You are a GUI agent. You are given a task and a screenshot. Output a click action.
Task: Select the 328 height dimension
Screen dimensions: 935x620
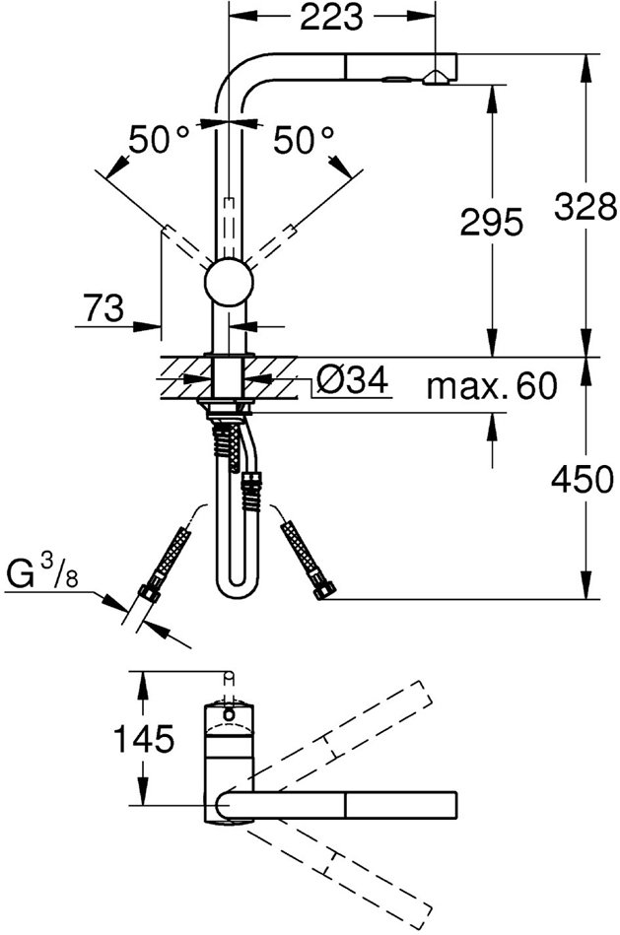pyautogui.click(x=585, y=208)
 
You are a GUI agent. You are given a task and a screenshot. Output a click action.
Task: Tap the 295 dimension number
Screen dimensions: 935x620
pyautogui.click(x=491, y=224)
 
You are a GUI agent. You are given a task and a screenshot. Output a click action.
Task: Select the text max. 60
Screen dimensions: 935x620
pyautogui.click(x=491, y=385)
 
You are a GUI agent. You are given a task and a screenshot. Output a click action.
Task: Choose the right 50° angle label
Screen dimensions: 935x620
pyautogui.click(x=305, y=140)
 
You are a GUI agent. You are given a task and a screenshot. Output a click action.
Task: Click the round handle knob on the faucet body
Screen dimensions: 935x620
pyautogui.click(x=229, y=284)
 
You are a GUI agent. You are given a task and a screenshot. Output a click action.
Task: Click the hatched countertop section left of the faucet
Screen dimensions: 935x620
pyautogui.click(x=182, y=377)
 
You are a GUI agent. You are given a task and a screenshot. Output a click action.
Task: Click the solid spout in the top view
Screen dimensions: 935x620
pyautogui.click(x=345, y=803)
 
